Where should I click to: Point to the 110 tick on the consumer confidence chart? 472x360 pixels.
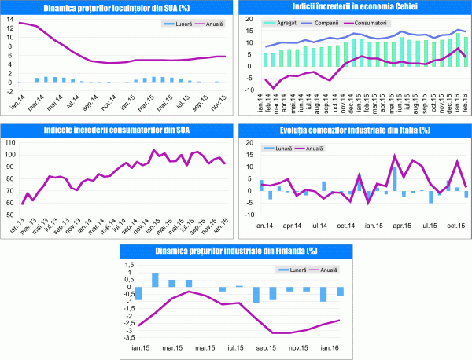(x=10, y=142)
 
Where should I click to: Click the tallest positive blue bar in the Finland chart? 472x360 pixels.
(x=155, y=280)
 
